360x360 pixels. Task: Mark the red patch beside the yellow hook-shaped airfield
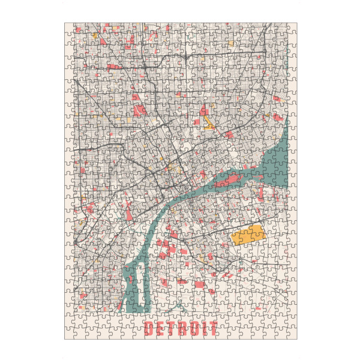pyautogui.click(x=204, y=111)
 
